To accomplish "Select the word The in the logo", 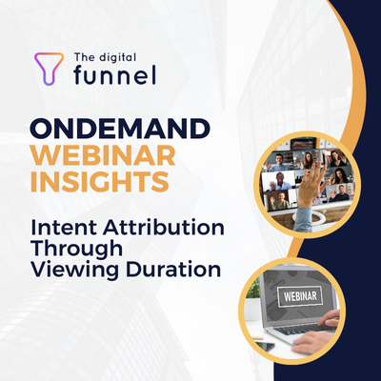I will click(x=85, y=58).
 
